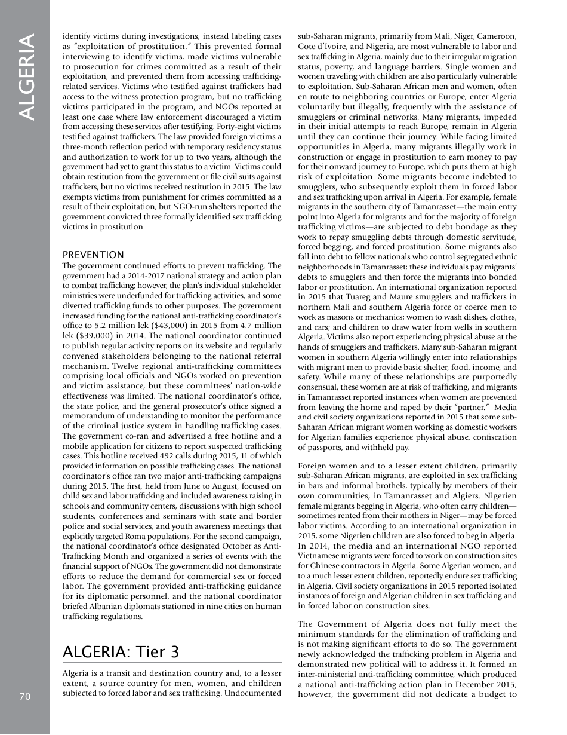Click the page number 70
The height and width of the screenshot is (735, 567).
pos(24,696)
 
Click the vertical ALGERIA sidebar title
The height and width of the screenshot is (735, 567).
pos(26,77)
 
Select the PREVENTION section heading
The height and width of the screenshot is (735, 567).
pos(93,255)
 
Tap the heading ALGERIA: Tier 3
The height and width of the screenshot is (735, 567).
pos(121,652)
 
